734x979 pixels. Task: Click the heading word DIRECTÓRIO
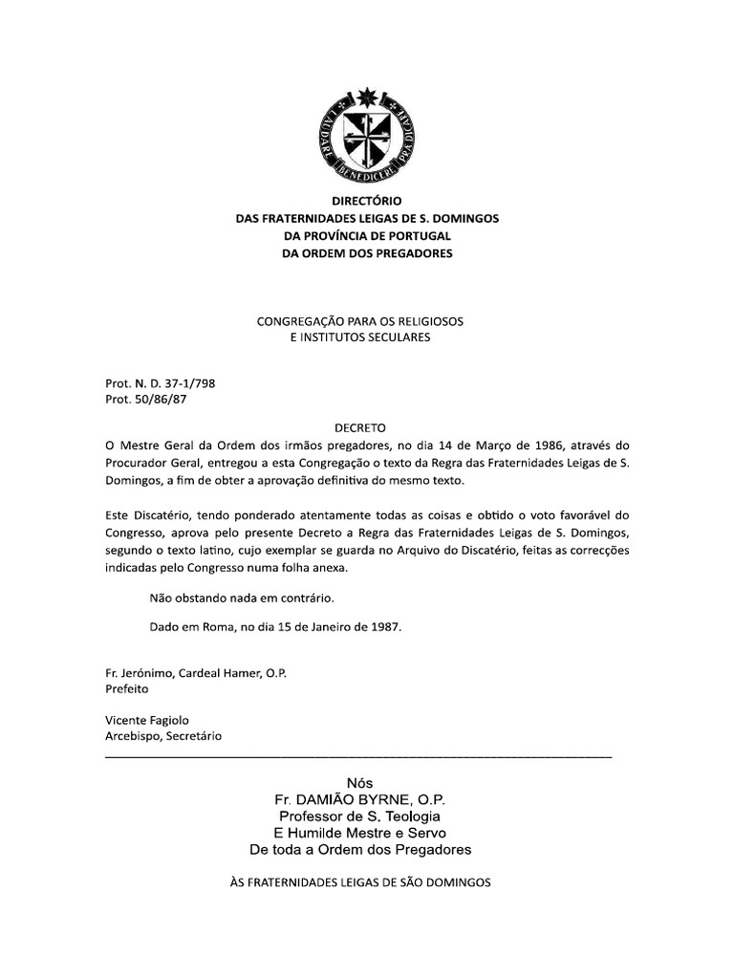(x=367, y=202)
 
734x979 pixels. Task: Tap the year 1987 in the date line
(x=383, y=628)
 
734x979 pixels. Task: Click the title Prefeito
(x=126, y=688)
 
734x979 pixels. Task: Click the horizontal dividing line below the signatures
(x=357, y=757)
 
